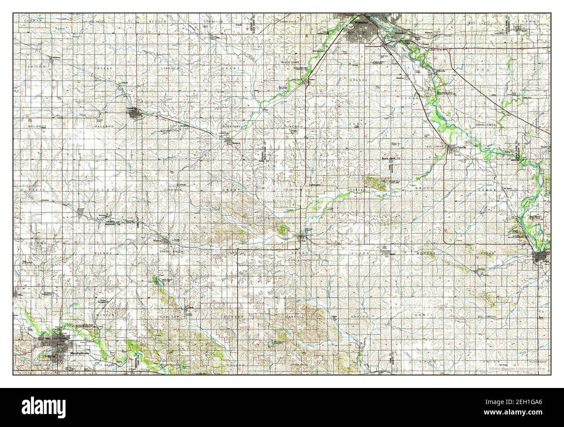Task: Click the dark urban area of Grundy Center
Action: (x=134, y=114)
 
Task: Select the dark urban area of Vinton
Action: (x=541, y=258)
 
